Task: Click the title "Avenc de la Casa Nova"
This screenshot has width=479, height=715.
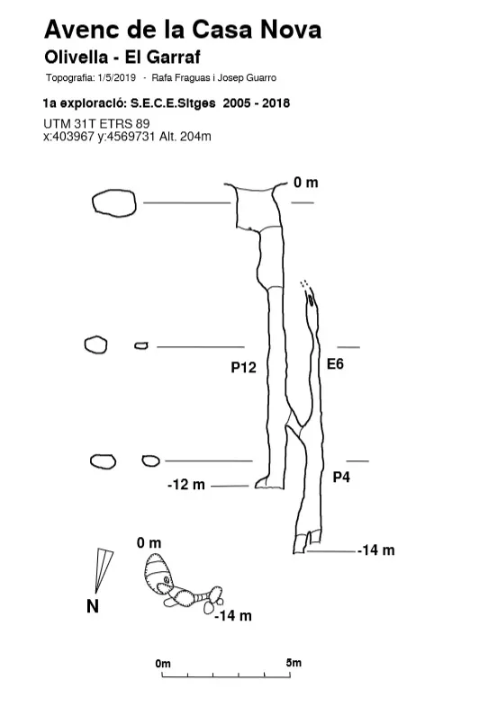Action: pos(183,29)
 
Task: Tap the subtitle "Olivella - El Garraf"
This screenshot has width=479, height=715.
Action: pos(122,58)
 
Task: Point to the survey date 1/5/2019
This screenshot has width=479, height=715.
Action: pos(116,77)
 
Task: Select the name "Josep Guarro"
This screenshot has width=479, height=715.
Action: pos(247,78)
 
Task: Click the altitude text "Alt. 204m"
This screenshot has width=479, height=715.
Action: pos(185,137)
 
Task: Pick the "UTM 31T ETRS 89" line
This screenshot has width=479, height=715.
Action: pos(96,123)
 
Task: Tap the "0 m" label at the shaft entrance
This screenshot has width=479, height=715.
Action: pos(305,183)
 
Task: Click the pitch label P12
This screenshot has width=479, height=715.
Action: pos(243,368)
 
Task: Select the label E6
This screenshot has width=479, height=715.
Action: pos(335,364)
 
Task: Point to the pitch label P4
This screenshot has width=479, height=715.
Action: pos(341,478)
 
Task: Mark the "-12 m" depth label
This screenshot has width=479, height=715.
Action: pos(185,484)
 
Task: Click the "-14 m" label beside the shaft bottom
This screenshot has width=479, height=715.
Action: pos(375,550)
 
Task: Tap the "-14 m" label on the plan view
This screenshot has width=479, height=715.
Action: pos(233,615)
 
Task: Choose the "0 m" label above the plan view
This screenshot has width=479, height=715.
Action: pos(149,542)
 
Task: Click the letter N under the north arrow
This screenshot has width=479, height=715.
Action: pos(93,606)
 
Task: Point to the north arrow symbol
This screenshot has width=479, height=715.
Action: pos(104,570)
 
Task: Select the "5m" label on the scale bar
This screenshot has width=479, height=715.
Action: pos(294,663)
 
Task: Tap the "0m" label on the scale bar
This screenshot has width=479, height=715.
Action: pos(163,664)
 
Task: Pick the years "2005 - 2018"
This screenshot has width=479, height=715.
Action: pos(257,103)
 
